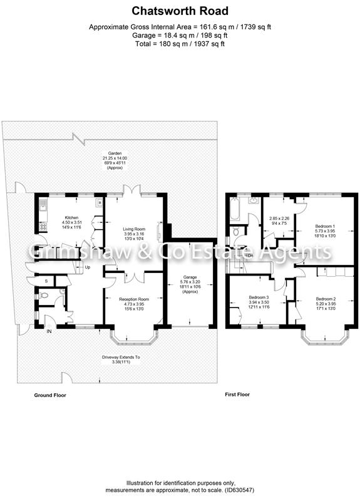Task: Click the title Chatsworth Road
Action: click(x=180, y=11)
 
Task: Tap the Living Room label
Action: click(x=134, y=229)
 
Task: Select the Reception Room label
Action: click(x=134, y=299)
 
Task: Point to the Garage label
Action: click(x=190, y=277)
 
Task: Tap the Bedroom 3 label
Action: click(x=259, y=297)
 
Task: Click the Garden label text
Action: click(x=115, y=153)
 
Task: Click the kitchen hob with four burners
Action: click(x=43, y=227)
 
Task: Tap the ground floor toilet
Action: click(x=43, y=296)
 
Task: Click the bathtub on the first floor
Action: click(x=234, y=209)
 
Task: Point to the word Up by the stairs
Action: click(x=87, y=267)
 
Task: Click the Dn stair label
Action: click(x=250, y=256)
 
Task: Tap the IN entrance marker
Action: click(x=49, y=331)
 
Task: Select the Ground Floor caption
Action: click(x=50, y=395)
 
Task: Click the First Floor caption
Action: click(x=237, y=395)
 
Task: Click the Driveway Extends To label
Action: click(x=121, y=357)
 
